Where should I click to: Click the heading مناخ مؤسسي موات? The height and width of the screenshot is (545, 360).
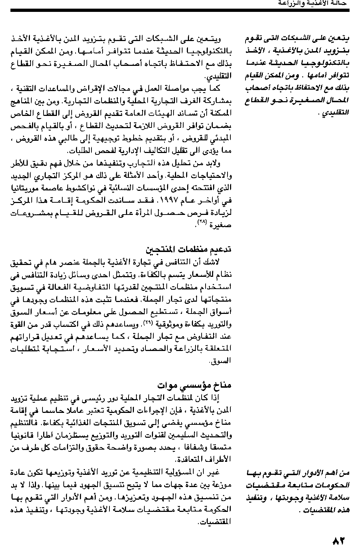pos(194,386)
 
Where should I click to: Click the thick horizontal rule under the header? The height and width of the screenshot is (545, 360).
pos(180,10)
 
